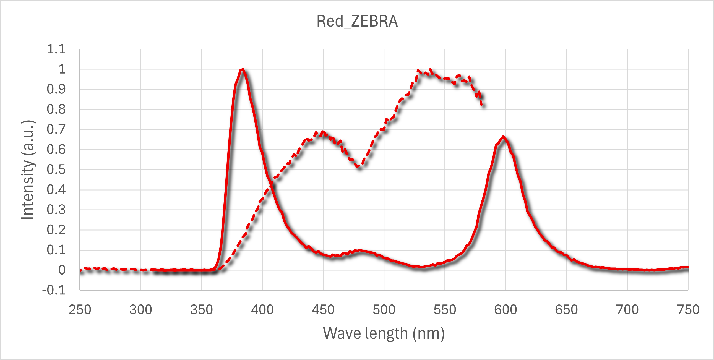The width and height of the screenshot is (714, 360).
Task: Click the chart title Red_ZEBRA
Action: (357, 21)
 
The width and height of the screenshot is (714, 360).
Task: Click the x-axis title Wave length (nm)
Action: (384, 333)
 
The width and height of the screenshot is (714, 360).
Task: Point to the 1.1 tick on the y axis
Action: (56, 49)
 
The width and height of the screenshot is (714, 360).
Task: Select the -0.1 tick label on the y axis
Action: (54, 290)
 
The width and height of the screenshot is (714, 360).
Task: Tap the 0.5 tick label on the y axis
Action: (56, 169)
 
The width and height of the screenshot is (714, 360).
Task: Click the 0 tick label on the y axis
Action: (62, 270)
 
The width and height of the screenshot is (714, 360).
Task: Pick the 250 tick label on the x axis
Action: (80, 310)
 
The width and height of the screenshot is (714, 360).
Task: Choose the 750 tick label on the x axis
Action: (688, 310)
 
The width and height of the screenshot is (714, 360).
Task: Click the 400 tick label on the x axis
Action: (262, 310)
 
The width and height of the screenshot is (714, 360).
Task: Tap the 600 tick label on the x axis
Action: (505, 310)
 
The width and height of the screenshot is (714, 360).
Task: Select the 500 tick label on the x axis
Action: (384, 310)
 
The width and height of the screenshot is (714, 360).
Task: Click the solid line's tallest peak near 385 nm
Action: (243, 69)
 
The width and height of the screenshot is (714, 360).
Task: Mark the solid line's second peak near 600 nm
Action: (503, 137)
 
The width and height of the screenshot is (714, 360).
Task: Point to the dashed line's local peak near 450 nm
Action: (322, 132)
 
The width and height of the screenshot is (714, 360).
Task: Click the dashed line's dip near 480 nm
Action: (359, 167)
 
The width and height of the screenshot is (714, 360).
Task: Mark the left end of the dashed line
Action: (80, 270)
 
